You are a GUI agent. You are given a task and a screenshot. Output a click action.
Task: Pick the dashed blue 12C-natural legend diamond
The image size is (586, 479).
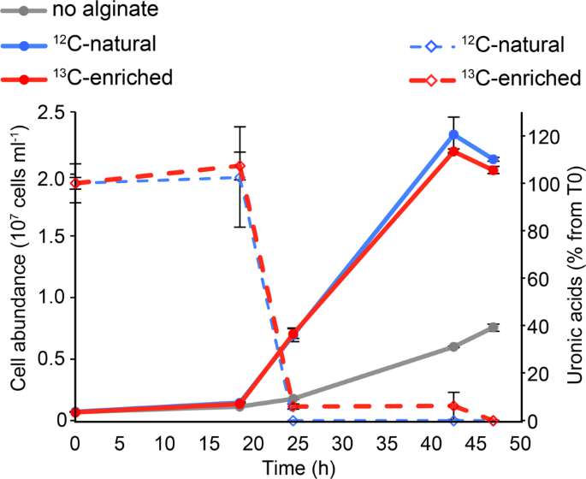pyautogui.click(x=430, y=44)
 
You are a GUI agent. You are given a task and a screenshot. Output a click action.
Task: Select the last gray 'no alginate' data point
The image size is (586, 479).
pyautogui.click(x=494, y=328)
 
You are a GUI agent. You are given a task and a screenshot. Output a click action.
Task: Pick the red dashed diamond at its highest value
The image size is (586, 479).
pyautogui.click(x=240, y=166)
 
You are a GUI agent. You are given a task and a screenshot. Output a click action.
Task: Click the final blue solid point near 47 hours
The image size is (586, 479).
pyautogui.click(x=494, y=159)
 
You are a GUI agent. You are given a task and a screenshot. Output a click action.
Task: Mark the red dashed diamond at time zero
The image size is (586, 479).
pyautogui.click(x=75, y=183)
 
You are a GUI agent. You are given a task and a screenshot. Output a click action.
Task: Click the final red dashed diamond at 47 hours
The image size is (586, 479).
pyautogui.click(x=494, y=420)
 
